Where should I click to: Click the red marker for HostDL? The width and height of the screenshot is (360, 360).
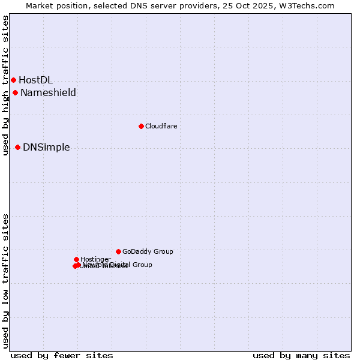tap(13, 80)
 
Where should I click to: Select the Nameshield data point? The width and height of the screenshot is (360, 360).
tap(15, 92)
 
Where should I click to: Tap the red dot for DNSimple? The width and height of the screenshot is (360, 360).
tap(17, 147)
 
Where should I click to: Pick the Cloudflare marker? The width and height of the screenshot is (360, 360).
tap(141, 126)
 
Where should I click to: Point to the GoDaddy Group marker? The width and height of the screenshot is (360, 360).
tap(118, 251)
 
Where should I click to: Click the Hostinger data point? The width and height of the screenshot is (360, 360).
tap(76, 259)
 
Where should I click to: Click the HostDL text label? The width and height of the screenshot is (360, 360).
tap(35, 80)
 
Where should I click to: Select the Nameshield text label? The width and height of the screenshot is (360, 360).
tap(48, 92)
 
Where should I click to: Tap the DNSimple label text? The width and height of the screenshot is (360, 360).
tap(46, 147)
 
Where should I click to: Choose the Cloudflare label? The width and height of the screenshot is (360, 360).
tap(161, 126)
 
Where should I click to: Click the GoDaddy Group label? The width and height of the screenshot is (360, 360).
tap(148, 251)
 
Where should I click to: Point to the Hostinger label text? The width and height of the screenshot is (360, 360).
tap(95, 259)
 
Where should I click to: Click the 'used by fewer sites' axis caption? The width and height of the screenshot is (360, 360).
tap(62, 355)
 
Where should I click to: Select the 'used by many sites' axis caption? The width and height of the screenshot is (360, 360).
tap(301, 355)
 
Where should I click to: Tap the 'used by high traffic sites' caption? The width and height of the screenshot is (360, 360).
tap(5, 85)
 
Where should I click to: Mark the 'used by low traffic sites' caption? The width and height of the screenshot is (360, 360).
tap(5, 281)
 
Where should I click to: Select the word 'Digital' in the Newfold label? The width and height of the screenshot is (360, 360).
tap(121, 265)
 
